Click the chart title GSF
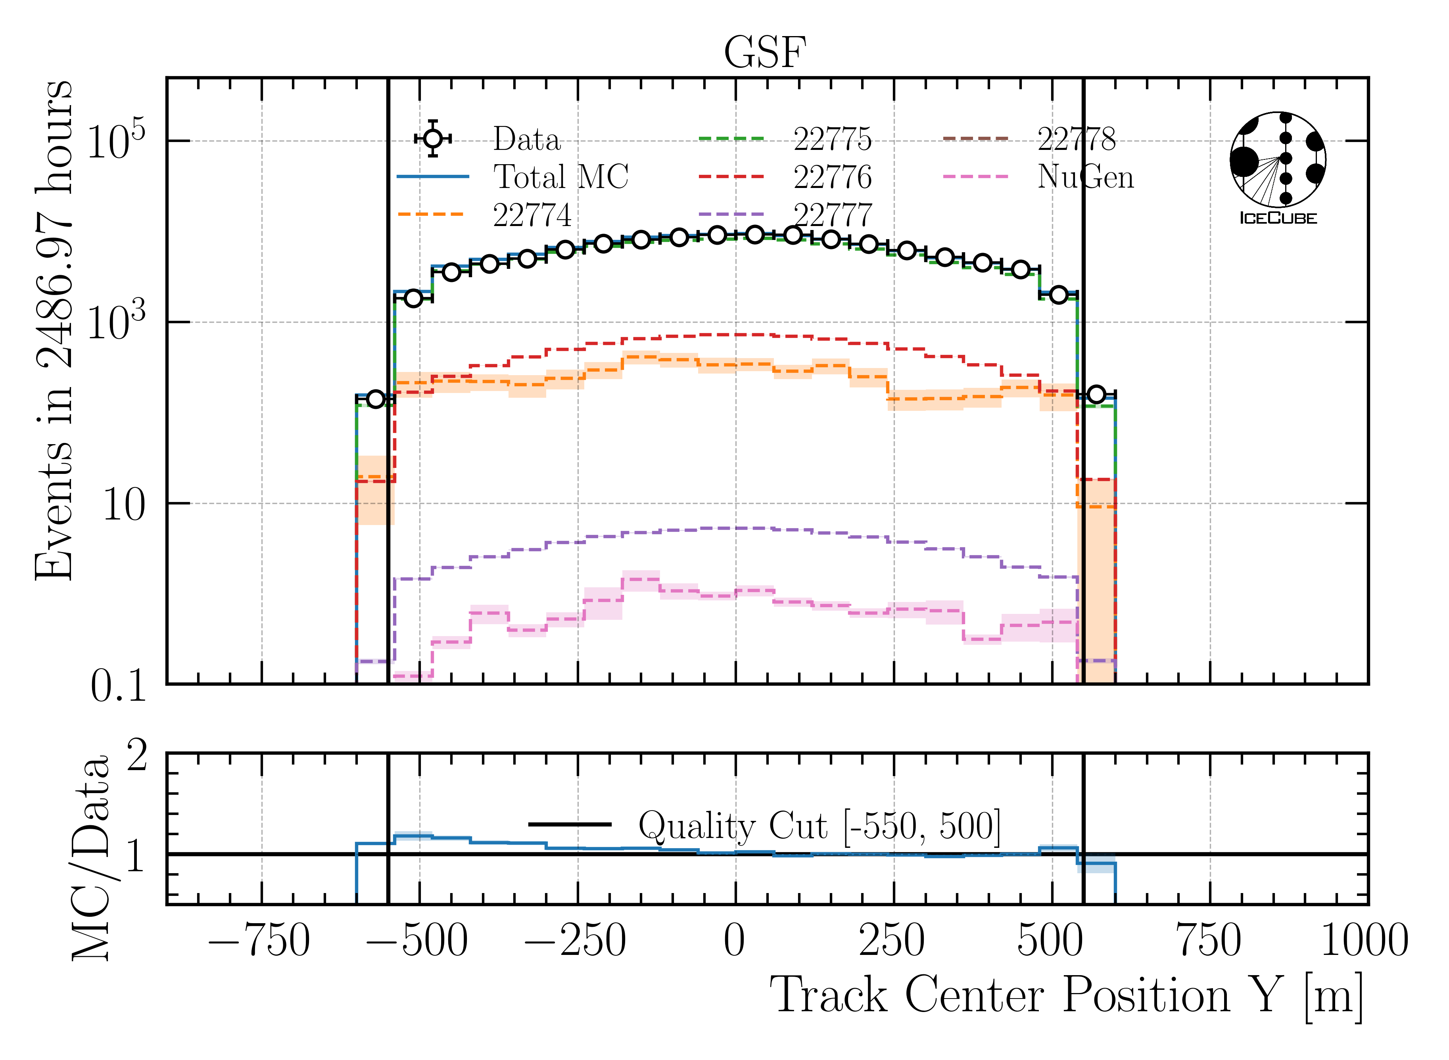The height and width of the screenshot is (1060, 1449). pyautogui.click(x=764, y=53)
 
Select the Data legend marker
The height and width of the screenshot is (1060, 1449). pyautogui.click(x=433, y=138)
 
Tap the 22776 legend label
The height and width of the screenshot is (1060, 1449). pyautogui.click(x=832, y=177)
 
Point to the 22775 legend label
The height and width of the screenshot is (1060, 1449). pyautogui.click(x=832, y=138)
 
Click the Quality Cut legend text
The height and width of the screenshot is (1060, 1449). pyautogui.click(x=819, y=825)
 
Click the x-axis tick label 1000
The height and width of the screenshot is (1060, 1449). pyautogui.click(x=1364, y=941)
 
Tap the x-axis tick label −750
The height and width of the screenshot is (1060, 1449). pyautogui.click(x=260, y=941)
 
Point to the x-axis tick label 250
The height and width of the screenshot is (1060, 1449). pyautogui.click(x=892, y=941)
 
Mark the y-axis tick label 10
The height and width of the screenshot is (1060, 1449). pyautogui.click(x=124, y=504)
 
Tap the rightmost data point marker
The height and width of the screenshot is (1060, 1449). pyautogui.click(x=1096, y=394)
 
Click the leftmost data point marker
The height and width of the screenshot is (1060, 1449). pyautogui.click(x=375, y=399)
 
